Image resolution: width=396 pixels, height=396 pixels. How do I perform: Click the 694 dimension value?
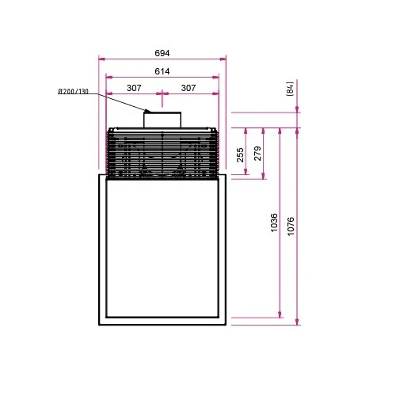tap(162, 53)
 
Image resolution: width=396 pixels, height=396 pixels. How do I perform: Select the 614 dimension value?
tap(162, 71)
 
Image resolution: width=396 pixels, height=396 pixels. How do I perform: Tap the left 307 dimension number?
tap(134, 88)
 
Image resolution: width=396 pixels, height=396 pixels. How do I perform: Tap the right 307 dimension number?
tap(188, 88)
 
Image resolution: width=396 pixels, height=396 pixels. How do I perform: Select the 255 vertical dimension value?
tap(240, 154)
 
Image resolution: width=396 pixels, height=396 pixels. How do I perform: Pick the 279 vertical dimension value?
tap(258, 154)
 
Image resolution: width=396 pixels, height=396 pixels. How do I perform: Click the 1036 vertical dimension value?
tap(273, 223)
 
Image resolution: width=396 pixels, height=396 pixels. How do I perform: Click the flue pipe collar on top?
tap(162, 120)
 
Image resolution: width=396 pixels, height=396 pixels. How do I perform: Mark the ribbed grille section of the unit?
tap(162, 154)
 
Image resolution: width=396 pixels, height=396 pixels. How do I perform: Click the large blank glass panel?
tap(162, 249)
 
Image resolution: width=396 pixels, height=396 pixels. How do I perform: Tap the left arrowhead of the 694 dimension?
tap(100, 59)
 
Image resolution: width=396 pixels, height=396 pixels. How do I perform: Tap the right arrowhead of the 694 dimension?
tap(224, 59)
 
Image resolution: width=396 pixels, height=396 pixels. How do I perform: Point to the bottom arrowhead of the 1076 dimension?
tap(297, 322)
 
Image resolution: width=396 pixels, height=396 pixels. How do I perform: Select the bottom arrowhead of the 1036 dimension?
tap(280, 316)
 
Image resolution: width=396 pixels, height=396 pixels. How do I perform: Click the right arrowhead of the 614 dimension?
tap(217, 77)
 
